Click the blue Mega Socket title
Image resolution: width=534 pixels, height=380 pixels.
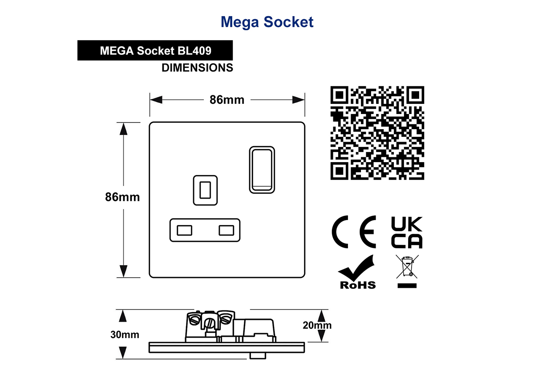pos(267,22)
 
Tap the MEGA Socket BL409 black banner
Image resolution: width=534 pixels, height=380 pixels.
pos(155,50)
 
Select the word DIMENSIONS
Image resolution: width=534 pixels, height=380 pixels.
pos(198,68)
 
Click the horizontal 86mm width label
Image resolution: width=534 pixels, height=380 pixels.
pos(227,100)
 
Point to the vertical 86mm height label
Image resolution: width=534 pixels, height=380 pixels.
pos(122,197)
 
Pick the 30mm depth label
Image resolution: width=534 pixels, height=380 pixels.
pos(125,335)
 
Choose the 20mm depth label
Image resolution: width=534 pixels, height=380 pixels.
pos(317,325)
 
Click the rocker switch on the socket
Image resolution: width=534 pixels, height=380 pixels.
pos(262,170)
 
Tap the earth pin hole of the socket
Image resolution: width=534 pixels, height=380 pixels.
pos(205,190)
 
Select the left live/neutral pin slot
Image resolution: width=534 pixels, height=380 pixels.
pos(184,230)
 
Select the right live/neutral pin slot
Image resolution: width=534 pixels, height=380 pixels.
pos(227,230)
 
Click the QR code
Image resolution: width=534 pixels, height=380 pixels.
pos(377,133)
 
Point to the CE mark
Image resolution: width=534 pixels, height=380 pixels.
pos(354,232)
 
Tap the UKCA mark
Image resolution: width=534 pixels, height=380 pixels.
pos(407,232)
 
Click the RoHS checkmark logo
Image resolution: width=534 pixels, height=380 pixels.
pos(357,272)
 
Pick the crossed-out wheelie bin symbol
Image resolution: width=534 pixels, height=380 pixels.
pos(407,271)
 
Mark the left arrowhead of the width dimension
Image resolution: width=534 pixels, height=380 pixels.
pos(156,100)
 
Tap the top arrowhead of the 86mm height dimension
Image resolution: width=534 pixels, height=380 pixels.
pos(123,129)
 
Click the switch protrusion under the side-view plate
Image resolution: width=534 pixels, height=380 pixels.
pos(258,355)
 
